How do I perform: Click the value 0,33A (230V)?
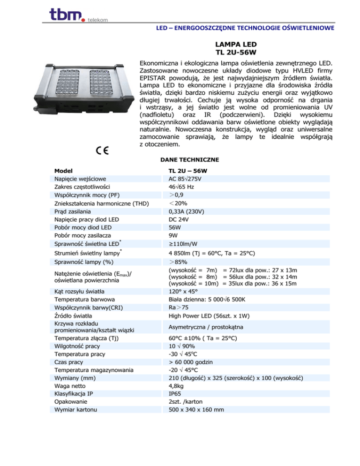(186, 211)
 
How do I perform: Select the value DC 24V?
(179, 219)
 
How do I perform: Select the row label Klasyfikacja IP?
(75, 394)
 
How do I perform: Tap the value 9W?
(172, 235)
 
